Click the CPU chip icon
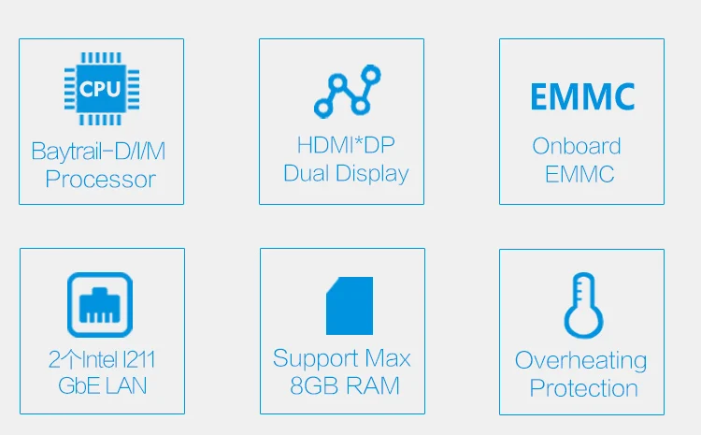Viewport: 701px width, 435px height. click(102, 89)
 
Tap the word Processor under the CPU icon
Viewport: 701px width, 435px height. click(101, 180)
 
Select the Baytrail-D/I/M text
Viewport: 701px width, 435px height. click(98, 152)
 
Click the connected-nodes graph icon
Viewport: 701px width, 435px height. click(348, 92)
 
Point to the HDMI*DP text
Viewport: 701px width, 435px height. click(346, 145)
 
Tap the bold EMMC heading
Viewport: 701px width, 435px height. click(582, 96)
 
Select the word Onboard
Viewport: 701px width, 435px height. click(577, 146)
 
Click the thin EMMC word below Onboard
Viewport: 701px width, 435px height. click(579, 174)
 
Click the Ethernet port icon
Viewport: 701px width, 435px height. click(100, 305)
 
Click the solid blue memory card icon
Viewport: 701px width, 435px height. click(350, 306)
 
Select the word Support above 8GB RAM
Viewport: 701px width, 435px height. click(315, 359)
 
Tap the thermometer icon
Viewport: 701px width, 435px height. click(583, 305)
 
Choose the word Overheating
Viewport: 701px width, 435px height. click(580, 361)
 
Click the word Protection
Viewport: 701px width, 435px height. click(583, 388)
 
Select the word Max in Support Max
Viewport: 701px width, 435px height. click(388, 358)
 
